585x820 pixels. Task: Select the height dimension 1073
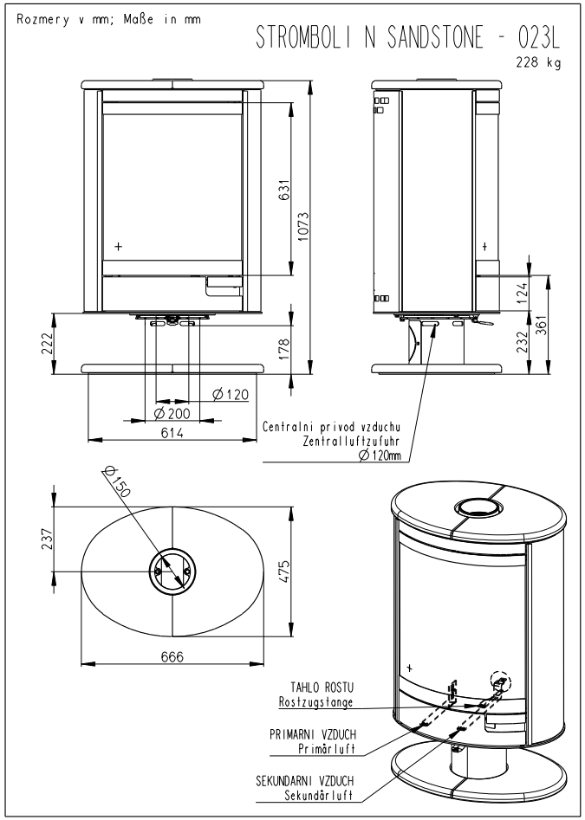point(303,227)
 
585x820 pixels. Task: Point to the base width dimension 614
point(172,433)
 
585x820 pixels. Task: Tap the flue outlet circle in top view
point(171,570)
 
